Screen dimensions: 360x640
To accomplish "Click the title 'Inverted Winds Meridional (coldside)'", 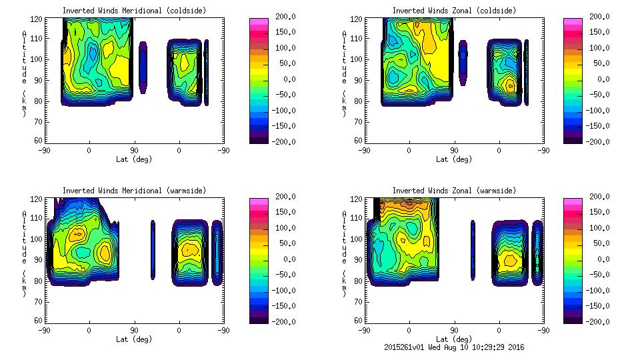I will point(134,11).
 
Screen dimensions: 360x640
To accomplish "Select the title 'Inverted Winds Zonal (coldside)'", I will point(453,11).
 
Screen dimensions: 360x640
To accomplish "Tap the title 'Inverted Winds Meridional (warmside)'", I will point(134,191).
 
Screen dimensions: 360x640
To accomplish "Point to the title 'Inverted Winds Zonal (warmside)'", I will point(453,191).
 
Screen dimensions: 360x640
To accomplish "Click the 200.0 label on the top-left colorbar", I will point(285,17).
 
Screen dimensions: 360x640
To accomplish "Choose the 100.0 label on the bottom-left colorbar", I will point(285,228).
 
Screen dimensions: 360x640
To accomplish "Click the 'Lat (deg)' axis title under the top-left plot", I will point(134,159).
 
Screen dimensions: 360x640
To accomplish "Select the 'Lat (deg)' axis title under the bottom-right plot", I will point(453,339).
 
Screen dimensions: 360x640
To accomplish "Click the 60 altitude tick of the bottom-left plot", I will point(39,321).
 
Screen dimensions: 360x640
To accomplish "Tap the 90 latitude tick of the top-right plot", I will point(455,151).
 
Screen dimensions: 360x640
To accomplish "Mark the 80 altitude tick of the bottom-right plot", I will point(359,281).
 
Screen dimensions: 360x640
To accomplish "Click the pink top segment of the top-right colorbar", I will point(572,21).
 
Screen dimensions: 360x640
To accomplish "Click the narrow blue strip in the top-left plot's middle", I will point(143,66).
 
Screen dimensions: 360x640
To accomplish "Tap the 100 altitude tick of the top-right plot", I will point(357,59).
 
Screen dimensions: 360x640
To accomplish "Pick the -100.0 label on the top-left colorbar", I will point(283,111).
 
